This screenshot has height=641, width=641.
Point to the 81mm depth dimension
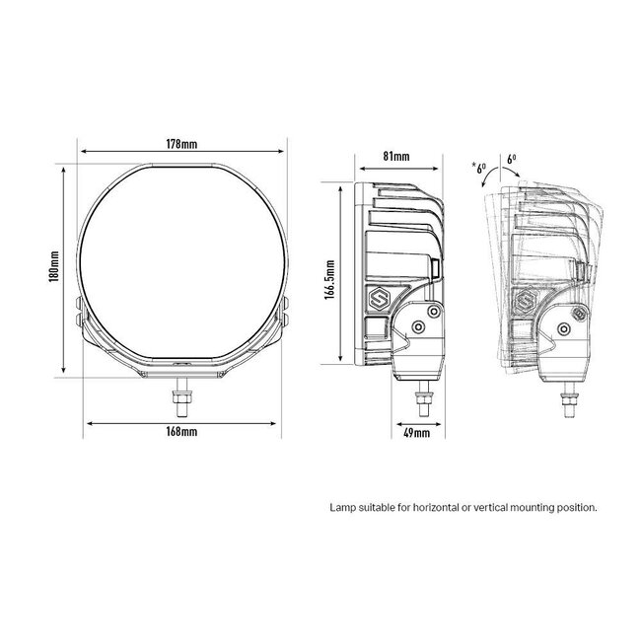click(395, 155)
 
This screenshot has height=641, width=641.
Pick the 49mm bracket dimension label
click(417, 432)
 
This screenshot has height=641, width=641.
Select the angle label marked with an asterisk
click(479, 168)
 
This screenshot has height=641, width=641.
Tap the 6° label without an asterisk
click(510, 158)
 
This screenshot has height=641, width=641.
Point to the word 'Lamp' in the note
click(341, 508)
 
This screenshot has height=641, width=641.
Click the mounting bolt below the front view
click(184, 395)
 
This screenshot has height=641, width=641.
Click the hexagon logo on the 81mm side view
click(377, 299)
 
